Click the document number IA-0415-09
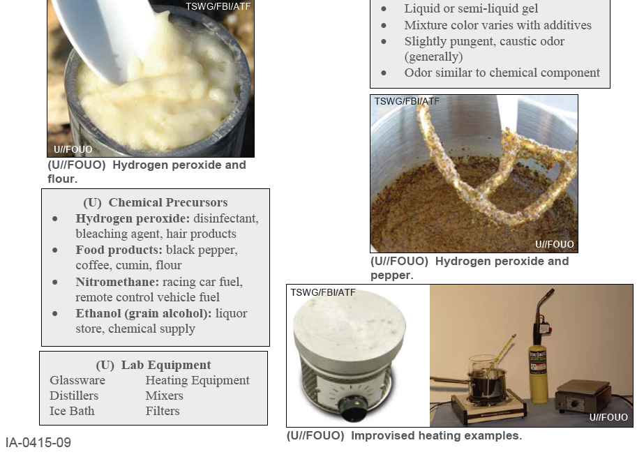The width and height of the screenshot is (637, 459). pyautogui.click(x=38, y=443)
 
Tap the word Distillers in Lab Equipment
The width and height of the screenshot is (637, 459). pyautogui.click(x=74, y=396)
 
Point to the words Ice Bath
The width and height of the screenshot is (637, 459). pyautogui.click(x=72, y=411)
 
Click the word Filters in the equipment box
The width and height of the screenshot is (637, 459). pyautogui.click(x=163, y=411)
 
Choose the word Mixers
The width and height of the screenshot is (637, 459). pyautogui.click(x=165, y=396)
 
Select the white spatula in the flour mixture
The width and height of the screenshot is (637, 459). pyautogui.click(x=105, y=35)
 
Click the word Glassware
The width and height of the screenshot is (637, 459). pyautogui.click(x=77, y=380)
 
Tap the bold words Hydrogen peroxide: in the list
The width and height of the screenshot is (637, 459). pyautogui.click(x=123, y=218)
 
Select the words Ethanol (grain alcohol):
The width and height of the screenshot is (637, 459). pyautogui.click(x=144, y=313)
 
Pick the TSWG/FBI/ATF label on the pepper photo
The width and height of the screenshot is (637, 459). pyautogui.click(x=407, y=101)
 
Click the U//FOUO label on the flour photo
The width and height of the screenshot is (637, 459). pyautogui.click(x=73, y=149)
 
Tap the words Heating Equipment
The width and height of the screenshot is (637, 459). pyautogui.click(x=197, y=380)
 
